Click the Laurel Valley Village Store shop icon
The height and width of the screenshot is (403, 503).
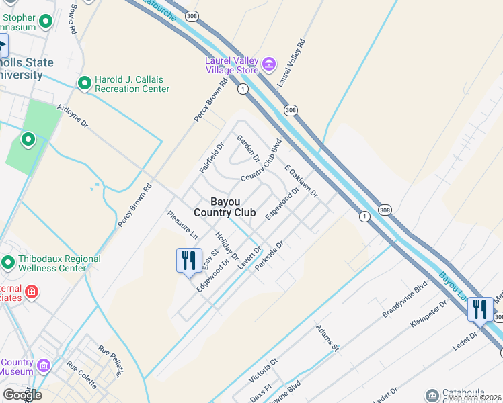pyautogui.click(x=269, y=65)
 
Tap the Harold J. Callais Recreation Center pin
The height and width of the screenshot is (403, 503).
pyautogui.click(x=85, y=83)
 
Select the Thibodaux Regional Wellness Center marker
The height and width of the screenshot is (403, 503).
pyautogui.click(x=9, y=262)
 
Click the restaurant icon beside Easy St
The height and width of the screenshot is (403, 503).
pyautogui.click(x=188, y=261)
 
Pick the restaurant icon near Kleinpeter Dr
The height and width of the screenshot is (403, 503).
pyautogui.click(x=479, y=309)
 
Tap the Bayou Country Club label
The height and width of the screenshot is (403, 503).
pyautogui.click(x=225, y=207)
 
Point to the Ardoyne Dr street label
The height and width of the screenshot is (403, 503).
pyautogui.click(x=73, y=116)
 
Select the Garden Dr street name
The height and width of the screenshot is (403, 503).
pyautogui.click(x=248, y=148)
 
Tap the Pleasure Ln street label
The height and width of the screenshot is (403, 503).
pyautogui.click(x=182, y=225)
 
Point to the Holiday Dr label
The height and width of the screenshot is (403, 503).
pyautogui.click(x=227, y=246)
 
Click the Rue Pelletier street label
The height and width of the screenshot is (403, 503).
pyautogui.click(x=112, y=361)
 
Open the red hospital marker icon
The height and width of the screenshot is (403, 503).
pyautogui.click(x=31, y=292)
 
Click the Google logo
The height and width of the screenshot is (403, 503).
pyautogui.click(x=22, y=394)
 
